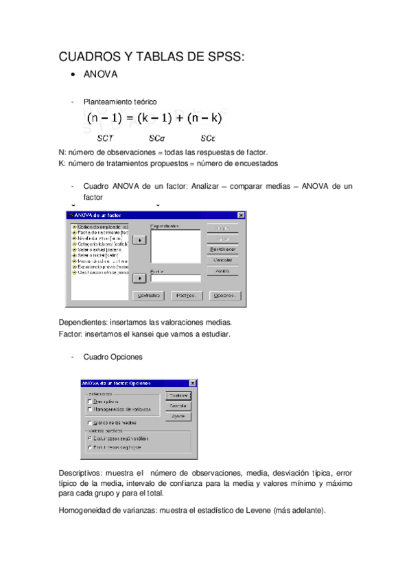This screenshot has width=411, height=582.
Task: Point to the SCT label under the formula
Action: [105, 138]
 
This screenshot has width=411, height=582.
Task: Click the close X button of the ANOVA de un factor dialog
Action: [241, 215]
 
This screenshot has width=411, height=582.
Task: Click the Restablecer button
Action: [222, 249]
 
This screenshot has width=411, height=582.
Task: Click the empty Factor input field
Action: [176, 279]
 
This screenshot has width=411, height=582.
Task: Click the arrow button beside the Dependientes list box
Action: [140, 240]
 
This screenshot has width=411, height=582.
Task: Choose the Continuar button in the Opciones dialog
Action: [178, 396]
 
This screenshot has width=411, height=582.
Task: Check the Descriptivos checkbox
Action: [89, 401]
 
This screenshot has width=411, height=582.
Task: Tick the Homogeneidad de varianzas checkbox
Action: [89, 409]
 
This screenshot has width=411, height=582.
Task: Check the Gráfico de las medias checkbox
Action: [89, 423]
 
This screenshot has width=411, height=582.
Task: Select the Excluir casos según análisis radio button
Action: [89, 437]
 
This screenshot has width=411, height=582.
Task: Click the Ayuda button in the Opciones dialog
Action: [178, 417]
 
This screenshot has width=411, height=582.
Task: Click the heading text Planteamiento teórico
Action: [120, 102]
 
